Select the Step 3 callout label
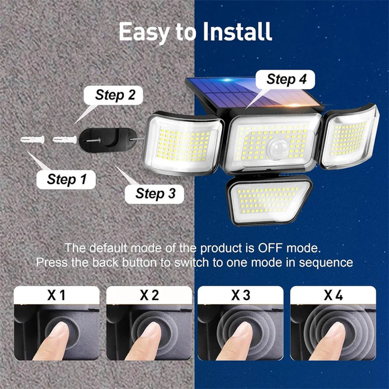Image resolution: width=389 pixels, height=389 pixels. click(x=156, y=193)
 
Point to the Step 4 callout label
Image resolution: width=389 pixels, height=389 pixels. click(x=286, y=78)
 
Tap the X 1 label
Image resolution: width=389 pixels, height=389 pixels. click(x=56, y=295)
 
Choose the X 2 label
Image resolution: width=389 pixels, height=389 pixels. click(x=149, y=295)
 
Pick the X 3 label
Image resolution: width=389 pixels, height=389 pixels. click(x=241, y=295)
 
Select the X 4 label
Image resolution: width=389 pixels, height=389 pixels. click(x=332, y=295)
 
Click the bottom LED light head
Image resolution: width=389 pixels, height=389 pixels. click(x=270, y=199)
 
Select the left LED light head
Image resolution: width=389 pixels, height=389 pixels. click(x=183, y=143)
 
